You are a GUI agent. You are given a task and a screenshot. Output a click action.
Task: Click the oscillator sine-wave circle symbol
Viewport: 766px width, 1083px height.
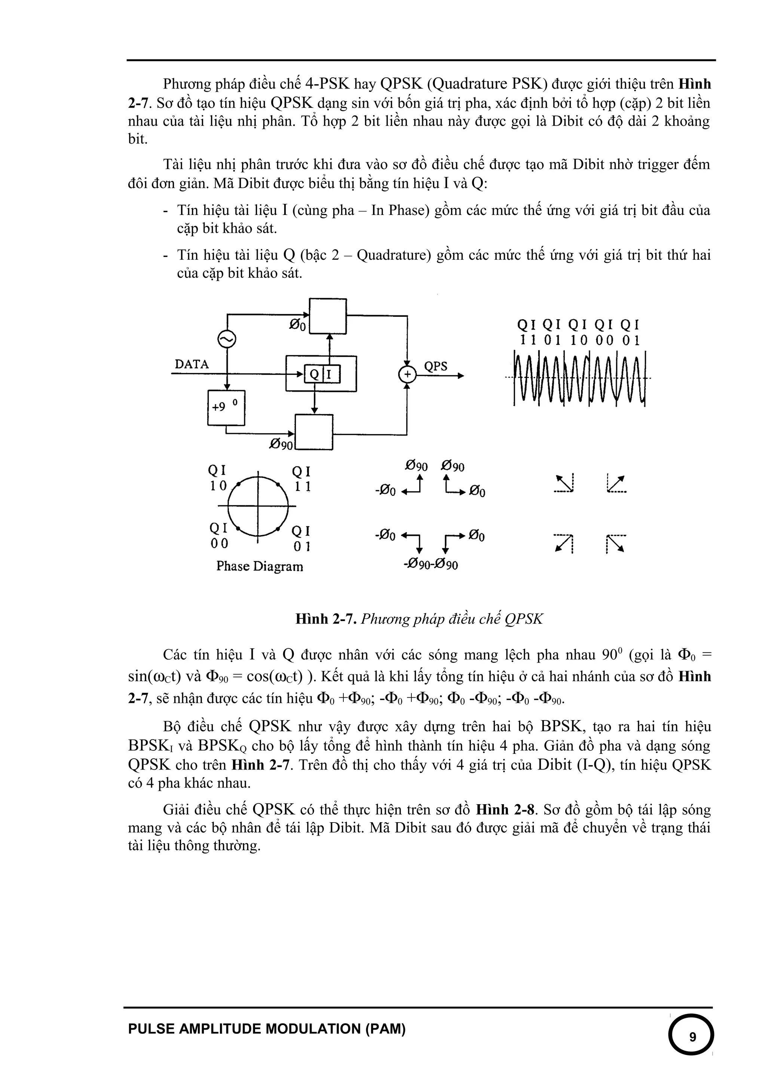[227, 340]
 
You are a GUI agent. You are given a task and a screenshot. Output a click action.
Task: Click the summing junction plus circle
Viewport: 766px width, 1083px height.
[407, 375]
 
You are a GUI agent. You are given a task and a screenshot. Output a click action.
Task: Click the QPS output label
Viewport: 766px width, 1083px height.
[436, 367]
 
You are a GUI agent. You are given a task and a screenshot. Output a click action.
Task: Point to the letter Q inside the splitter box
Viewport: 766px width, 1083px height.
[313, 375]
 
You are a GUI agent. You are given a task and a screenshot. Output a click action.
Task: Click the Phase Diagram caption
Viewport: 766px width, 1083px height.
[260, 566]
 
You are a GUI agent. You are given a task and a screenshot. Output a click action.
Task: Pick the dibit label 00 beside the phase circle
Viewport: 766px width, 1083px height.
[219, 543]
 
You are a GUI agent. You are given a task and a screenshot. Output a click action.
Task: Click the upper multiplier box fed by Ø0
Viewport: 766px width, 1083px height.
[328, 316]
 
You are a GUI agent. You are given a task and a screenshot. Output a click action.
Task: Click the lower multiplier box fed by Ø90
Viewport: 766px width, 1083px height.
[314, 432]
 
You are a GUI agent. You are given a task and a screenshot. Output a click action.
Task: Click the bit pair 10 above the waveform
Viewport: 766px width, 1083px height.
[579, 340]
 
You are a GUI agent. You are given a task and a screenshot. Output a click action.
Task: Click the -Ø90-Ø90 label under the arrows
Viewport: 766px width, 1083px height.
[431, 565]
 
